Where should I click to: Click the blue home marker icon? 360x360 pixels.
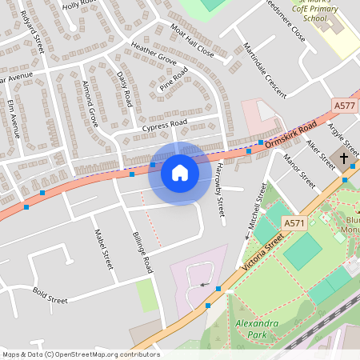tap(179, 173)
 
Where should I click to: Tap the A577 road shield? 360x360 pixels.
tap(345, 105)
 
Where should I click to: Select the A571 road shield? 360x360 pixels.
tap(294, 225)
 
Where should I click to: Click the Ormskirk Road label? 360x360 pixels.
tap(291, 132)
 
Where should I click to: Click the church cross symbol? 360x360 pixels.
tap(344, 158)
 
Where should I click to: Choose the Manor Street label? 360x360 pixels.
tap(300, 169)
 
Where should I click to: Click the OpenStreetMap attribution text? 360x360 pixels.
tap(80, 354)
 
